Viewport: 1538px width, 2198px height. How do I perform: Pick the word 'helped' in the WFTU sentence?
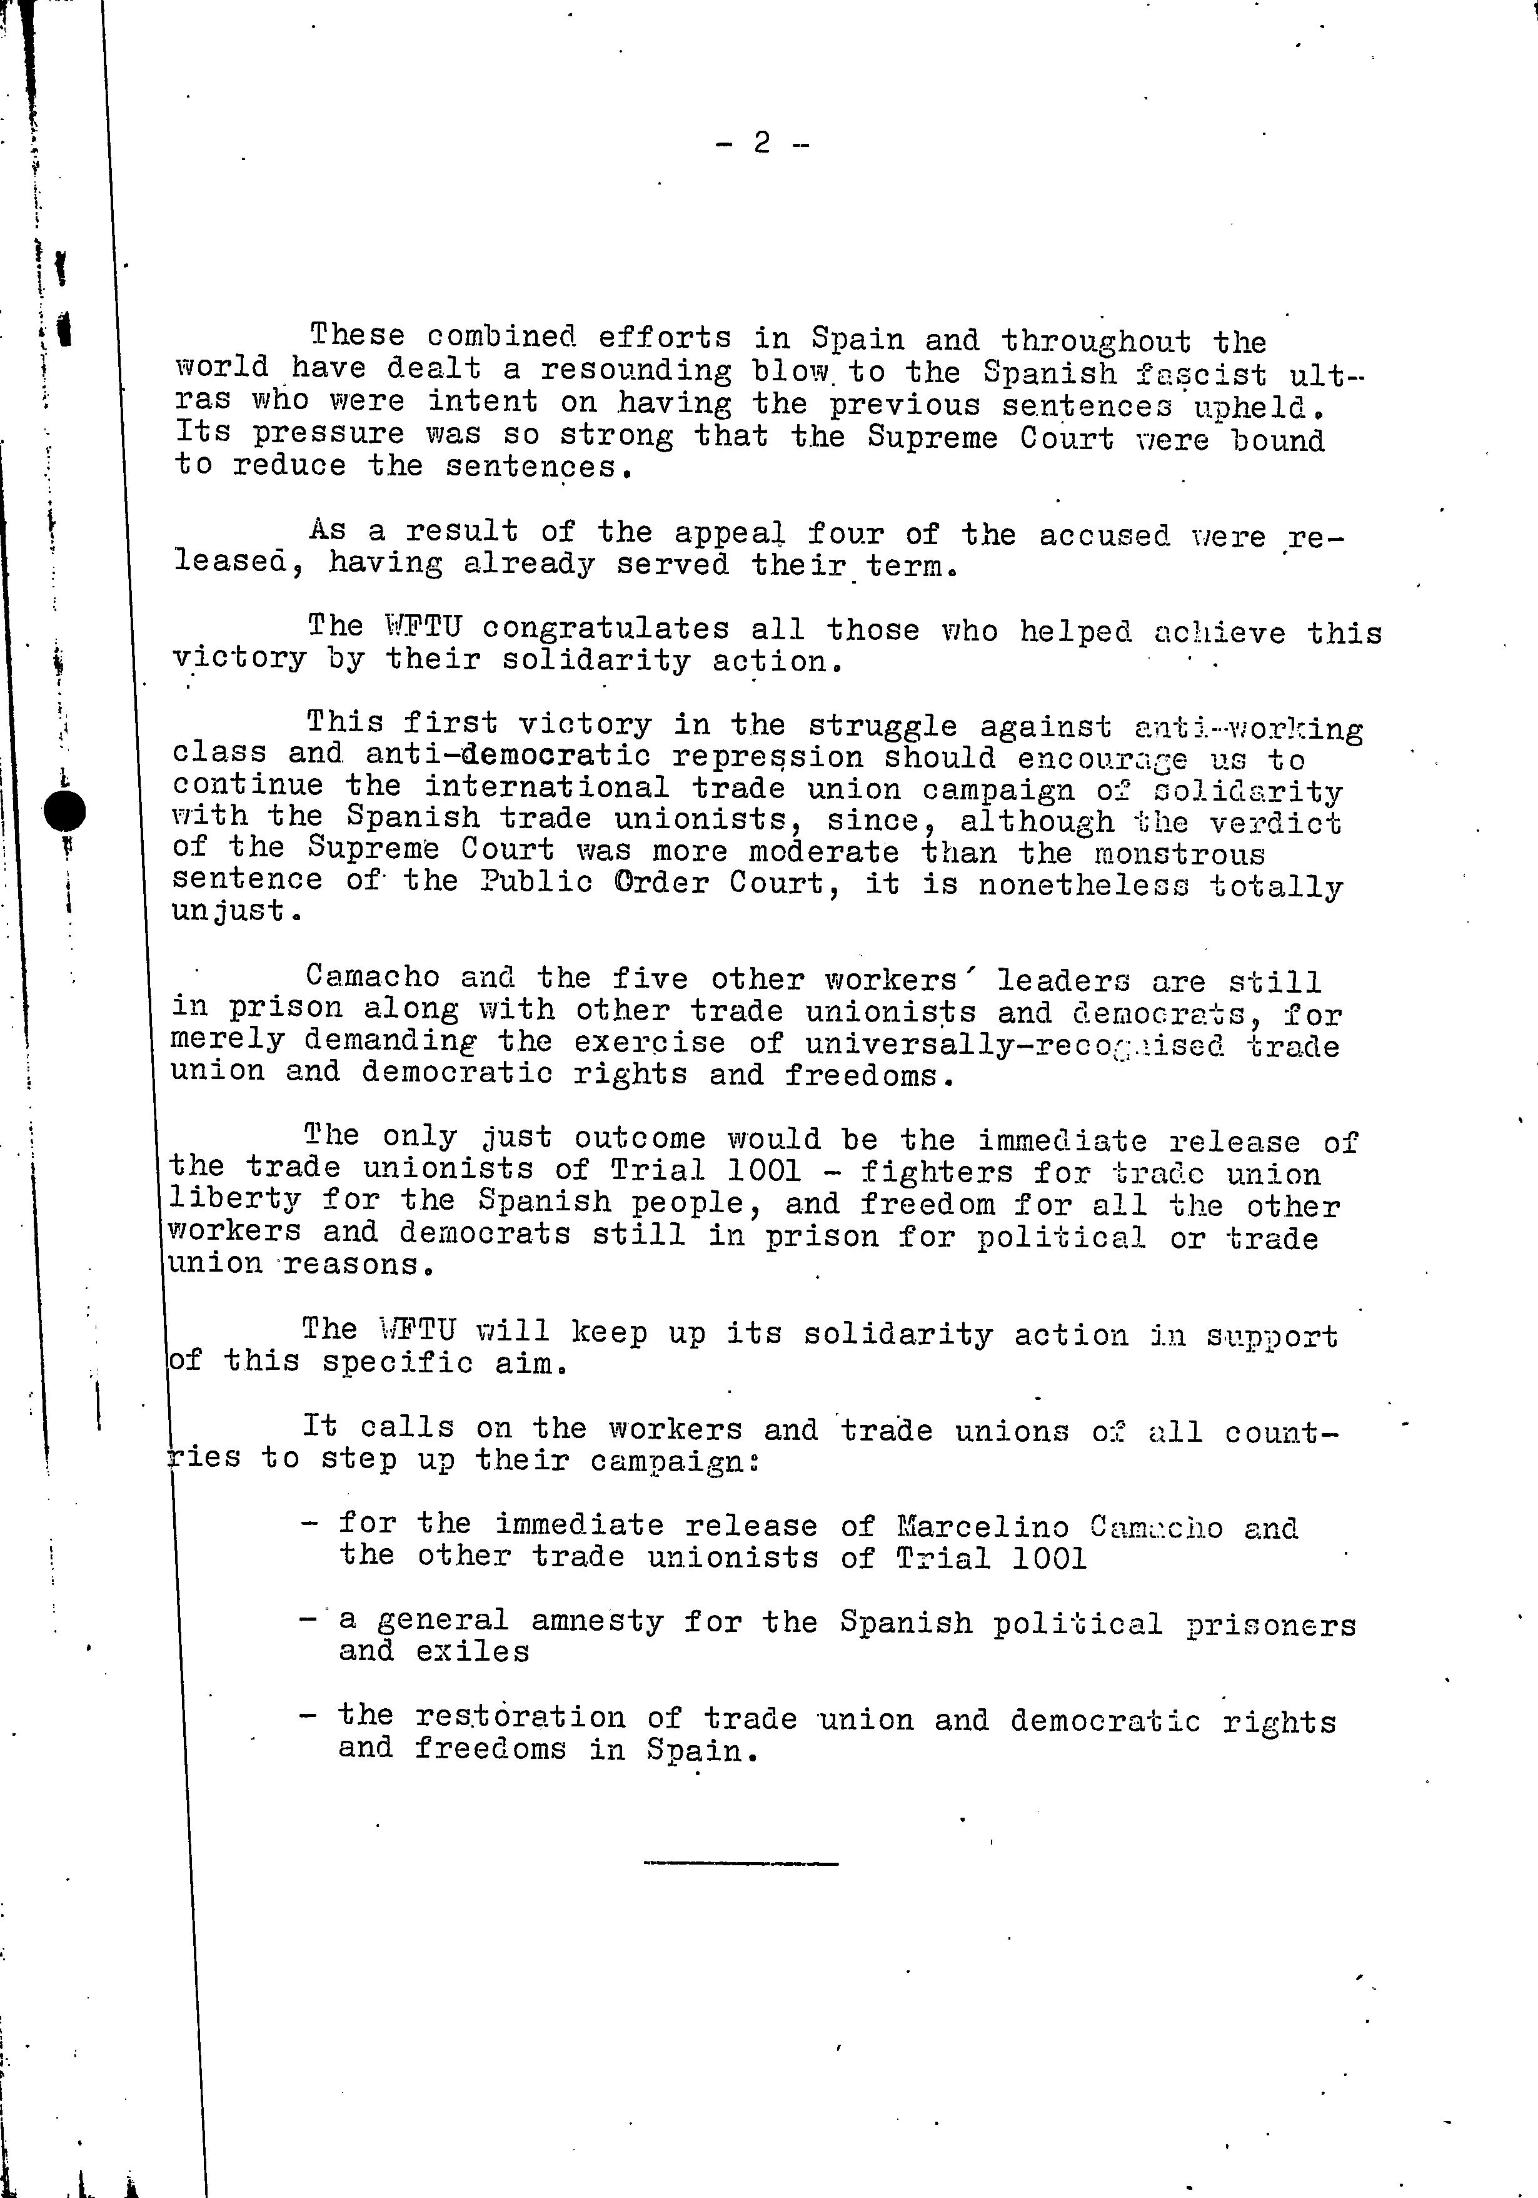point(1075,632)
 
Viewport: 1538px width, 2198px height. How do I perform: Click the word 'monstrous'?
point(1180,853)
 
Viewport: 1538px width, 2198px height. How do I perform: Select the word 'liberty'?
point(234,1200)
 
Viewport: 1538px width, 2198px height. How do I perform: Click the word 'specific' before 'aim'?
point(396,1362)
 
